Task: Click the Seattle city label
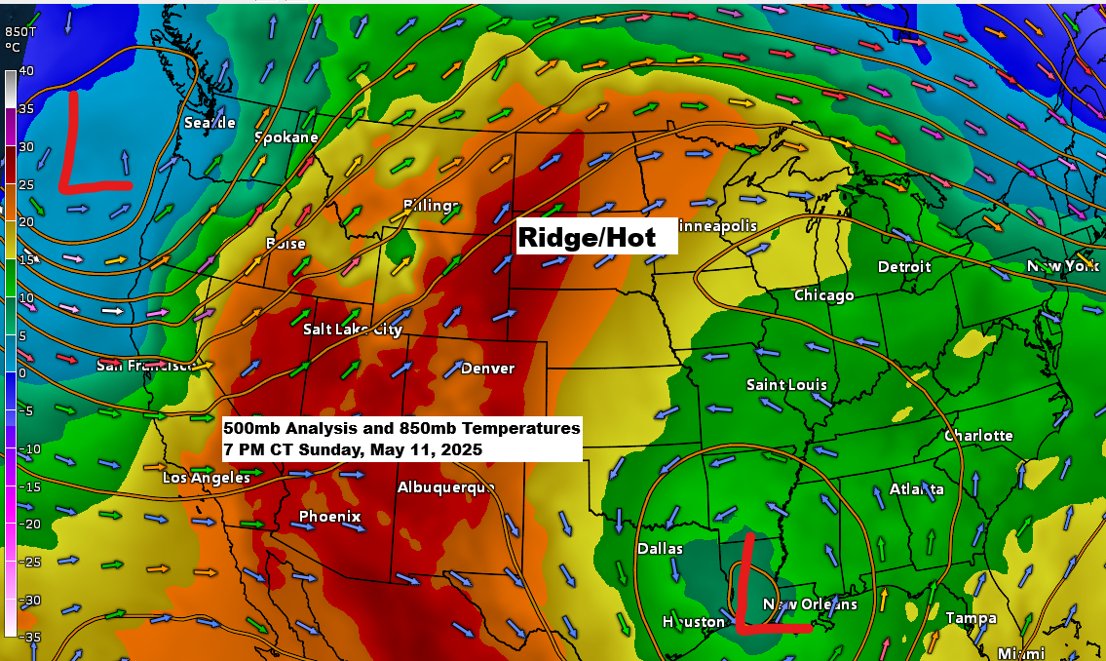coord(210,123)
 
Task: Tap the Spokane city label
coord(286,137)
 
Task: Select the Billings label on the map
coord(432,205)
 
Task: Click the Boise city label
coord(286,244)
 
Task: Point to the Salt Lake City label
coord(352,330)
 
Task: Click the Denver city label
coord(487,368)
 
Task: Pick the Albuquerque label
coord(446,487)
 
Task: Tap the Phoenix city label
coord(329,517)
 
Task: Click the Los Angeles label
coord(206,478)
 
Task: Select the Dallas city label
coord(660,549)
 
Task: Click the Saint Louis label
coord(786,385)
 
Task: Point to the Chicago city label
coord(823,295)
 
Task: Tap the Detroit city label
coord(904,266)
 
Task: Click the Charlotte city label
coord(978,436)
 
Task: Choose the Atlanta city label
coord(916,488)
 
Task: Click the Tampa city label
coord(971,618)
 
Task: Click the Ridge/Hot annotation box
coord(596,237)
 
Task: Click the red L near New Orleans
coord(765,585)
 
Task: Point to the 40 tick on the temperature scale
coord(26,70)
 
